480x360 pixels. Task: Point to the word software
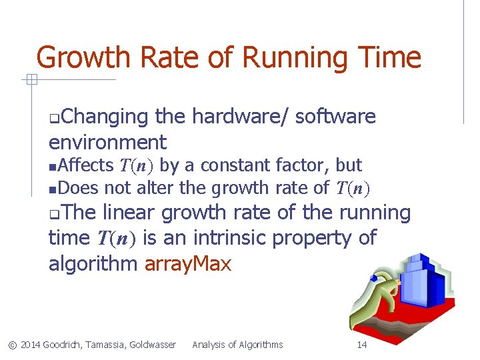click(335, 117)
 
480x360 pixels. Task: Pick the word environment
click(107, 142)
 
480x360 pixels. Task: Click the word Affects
click(86, 165)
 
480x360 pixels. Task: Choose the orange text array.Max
click(188, 264)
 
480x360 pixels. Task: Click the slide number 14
click(362, 345)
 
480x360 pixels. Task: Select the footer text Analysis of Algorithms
click(237, 345)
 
